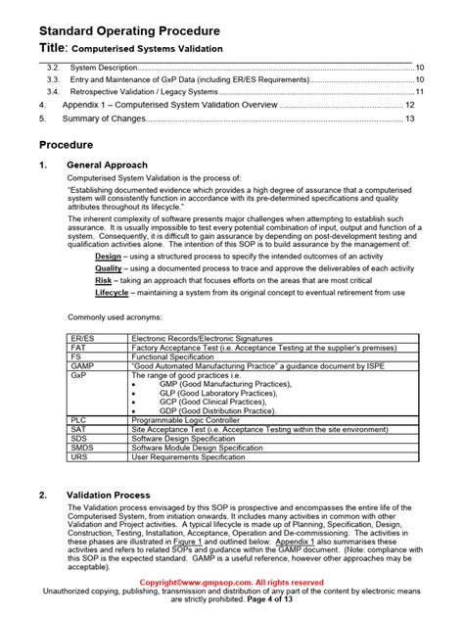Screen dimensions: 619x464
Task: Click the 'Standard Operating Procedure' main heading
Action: [128, 30]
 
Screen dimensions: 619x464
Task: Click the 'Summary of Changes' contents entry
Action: [104, 119]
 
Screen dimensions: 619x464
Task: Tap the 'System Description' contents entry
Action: [104, 66]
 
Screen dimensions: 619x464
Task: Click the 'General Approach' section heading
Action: [108, 166]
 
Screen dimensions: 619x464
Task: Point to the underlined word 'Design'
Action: [108, 255]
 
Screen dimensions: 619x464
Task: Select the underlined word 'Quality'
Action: [109, 267]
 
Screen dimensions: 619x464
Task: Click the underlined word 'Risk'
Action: [103, 280]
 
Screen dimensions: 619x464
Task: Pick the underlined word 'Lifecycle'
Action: [112, 293]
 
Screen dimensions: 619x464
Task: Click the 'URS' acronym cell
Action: [79, 455]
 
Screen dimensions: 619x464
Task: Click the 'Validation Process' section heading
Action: [108, 496]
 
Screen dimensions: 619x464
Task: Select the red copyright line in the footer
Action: [231, 582]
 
